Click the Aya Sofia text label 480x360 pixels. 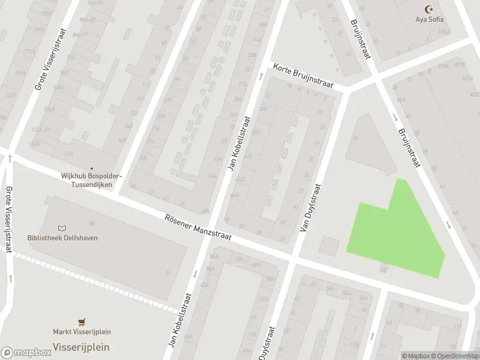click(430, 19)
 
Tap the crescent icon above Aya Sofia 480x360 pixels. click(429, 9)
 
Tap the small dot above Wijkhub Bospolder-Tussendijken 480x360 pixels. click(91, 168)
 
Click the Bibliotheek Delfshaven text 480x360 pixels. click(62, 238)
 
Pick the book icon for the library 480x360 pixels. click(62, 228)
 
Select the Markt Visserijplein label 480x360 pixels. click(82, 332)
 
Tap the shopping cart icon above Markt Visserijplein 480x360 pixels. click(82, 322)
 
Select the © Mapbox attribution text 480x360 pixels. click(415, 356)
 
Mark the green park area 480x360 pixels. click(399, 234)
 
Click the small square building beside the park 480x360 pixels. click(328, 245)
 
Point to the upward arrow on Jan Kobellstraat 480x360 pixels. click(261, 76)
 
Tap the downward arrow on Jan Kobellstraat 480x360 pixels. click(194, 274)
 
